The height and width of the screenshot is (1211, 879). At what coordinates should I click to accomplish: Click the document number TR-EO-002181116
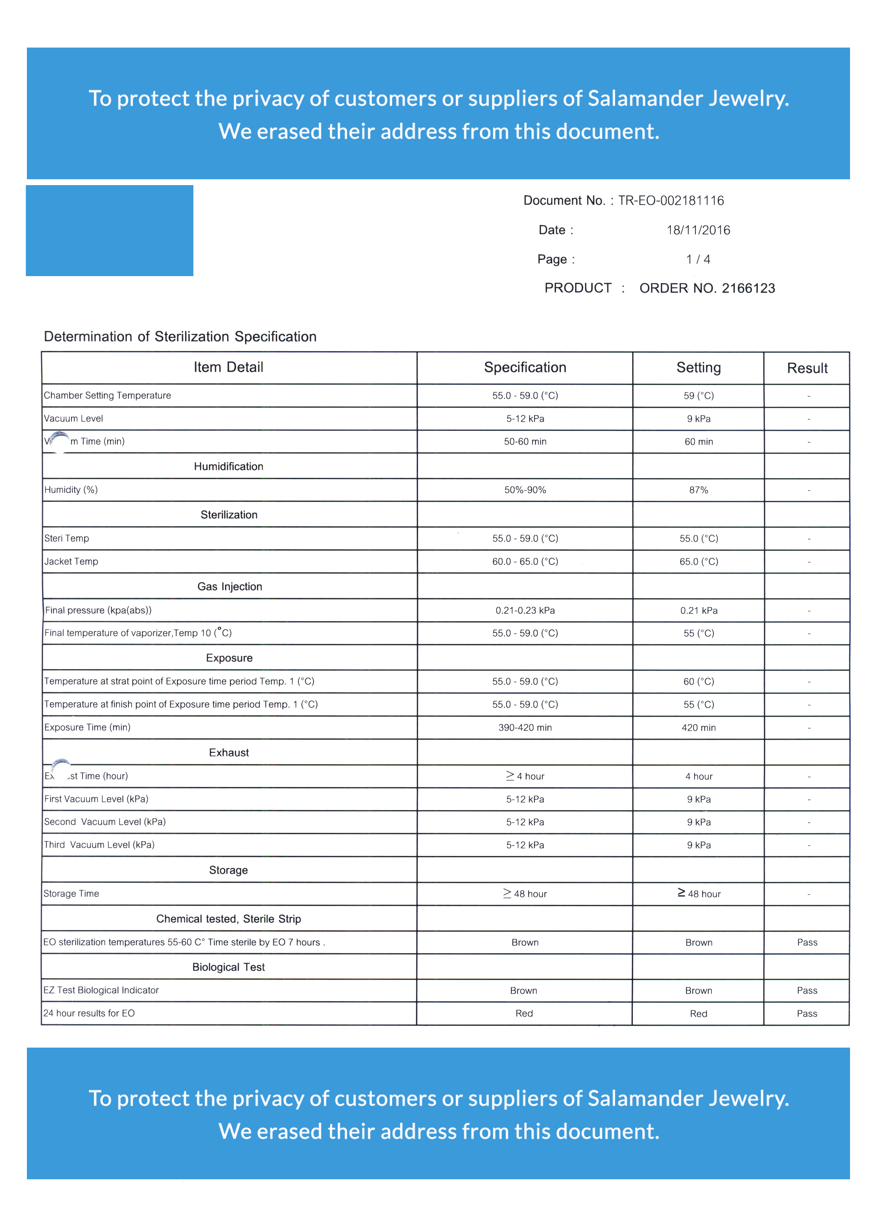point(671,201)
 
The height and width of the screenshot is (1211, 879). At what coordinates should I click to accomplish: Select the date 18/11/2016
point(698,230)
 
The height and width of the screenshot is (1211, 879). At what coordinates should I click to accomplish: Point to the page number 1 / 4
point(698,260)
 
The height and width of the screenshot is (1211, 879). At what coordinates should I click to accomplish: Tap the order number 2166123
point(748,288)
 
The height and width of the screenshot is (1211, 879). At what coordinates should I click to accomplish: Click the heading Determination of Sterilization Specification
point(180,336)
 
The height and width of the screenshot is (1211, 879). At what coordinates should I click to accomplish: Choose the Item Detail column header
point(229,367)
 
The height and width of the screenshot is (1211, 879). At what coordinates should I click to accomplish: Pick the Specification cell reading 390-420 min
point(525,728)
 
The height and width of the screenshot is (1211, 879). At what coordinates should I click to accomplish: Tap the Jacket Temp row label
point(71,562)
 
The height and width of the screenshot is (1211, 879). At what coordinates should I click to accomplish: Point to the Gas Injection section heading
point(230,587)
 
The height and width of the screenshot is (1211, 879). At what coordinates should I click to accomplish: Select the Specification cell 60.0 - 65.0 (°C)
point(525,562)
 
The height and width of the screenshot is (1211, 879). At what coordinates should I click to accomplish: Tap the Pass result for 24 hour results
point(807,1014)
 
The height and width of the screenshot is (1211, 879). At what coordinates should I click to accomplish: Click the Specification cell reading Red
point(524,1014)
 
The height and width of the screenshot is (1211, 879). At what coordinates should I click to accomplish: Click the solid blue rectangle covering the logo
point(110,231)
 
